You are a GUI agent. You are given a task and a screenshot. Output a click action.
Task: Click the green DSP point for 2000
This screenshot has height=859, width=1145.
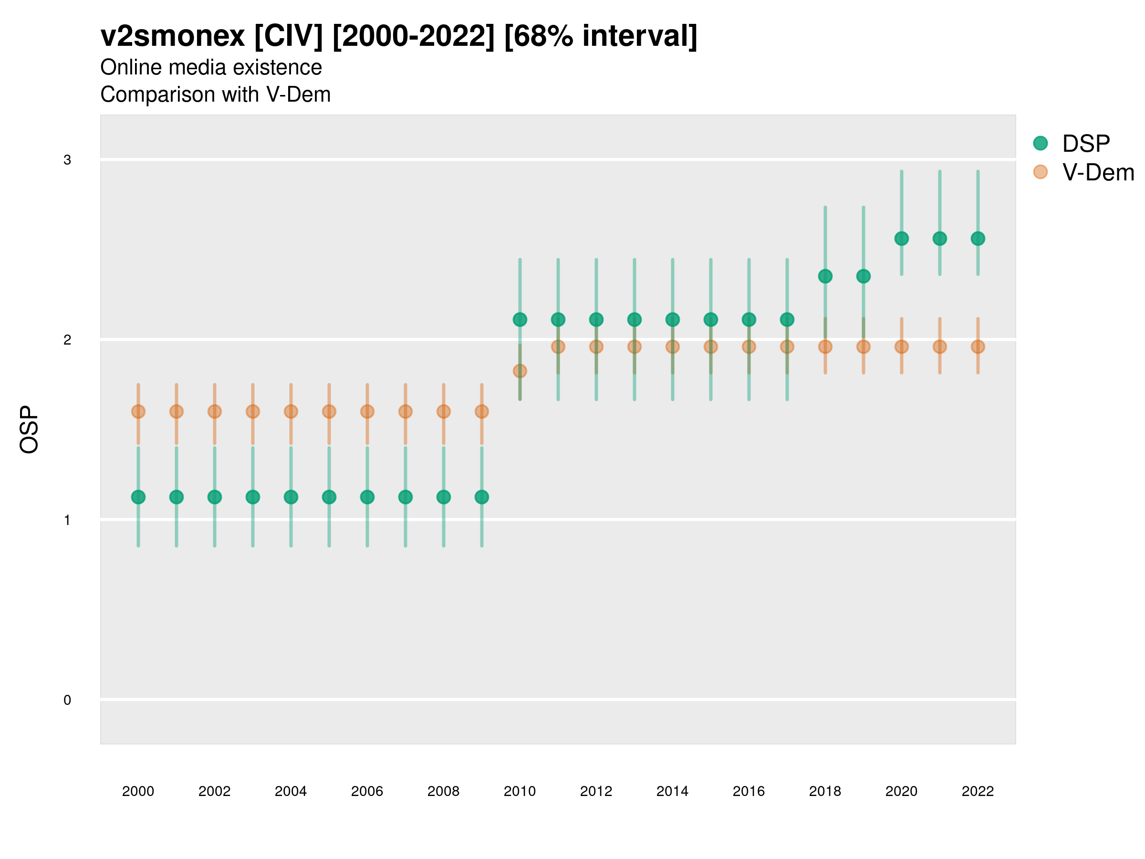[x=138, y=497]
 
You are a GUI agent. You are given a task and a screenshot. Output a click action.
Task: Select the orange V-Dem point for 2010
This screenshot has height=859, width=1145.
[x=520, y=371]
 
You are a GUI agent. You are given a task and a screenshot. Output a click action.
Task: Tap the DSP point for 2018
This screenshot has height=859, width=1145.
[x=825, y=276]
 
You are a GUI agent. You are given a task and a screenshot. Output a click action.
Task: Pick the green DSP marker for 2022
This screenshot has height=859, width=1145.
[x=978, y=239]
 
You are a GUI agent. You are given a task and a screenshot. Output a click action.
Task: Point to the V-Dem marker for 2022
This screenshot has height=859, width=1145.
[x=978, y=347]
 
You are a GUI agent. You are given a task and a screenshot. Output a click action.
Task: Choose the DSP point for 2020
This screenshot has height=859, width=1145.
[x=901, y=239]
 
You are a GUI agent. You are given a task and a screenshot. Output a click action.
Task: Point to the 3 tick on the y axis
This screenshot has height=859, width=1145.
[x=67, y=160]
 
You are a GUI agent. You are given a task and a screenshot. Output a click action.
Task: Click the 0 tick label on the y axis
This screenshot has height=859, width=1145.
[x=67, y=700]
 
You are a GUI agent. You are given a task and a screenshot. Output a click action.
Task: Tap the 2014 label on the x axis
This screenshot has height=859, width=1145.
[x=672, y=791]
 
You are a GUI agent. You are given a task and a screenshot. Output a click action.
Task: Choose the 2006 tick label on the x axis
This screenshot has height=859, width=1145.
[x=367, y=791]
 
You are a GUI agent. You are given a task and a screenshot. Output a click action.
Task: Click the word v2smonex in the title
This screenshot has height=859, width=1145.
[x=172, y=36]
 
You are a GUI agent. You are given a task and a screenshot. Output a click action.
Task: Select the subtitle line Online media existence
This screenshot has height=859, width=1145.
[x=211, y=67]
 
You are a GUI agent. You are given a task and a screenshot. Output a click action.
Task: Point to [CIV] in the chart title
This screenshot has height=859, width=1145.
[x=288, y=36]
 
